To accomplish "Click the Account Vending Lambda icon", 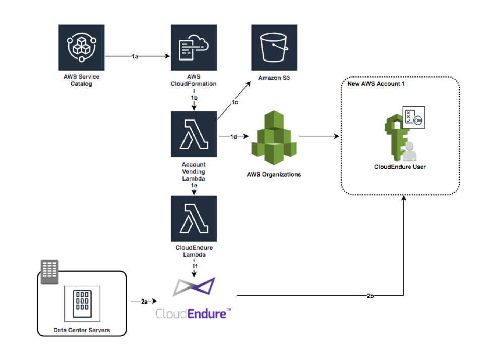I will (x=194, y=135).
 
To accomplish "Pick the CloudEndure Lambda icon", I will (x=194, y=218).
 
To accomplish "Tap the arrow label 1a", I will (x=135, y=57).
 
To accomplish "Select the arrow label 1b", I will (x=194, y=96).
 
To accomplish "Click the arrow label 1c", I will (x=235, y=103).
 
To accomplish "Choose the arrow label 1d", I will (x=234, y=136).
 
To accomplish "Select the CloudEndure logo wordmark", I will (x=194, y=314).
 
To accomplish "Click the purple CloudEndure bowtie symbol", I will (x=194, y=287).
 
